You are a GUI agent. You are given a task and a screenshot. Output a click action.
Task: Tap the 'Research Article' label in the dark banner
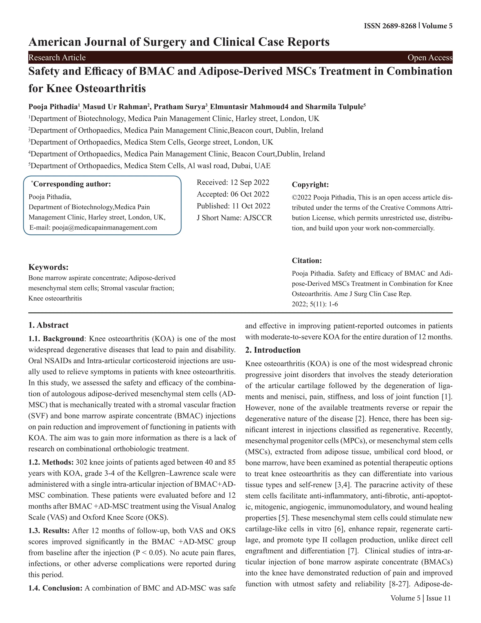(57, 58)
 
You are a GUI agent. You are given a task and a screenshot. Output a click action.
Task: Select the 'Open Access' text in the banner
(430, 58)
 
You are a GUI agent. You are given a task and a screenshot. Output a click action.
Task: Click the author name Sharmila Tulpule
(334, 107)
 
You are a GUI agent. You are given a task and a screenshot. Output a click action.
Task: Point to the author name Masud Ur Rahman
(115, 107)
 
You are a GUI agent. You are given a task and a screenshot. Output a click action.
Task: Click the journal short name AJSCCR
(258, 218)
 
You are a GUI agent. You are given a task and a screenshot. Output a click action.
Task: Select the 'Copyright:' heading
(310, 185)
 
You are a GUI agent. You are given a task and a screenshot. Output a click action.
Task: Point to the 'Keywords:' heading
(48, 267)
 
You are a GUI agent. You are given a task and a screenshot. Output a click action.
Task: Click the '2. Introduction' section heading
(273, 350)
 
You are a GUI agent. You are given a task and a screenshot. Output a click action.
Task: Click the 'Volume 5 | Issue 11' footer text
(421, 598)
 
